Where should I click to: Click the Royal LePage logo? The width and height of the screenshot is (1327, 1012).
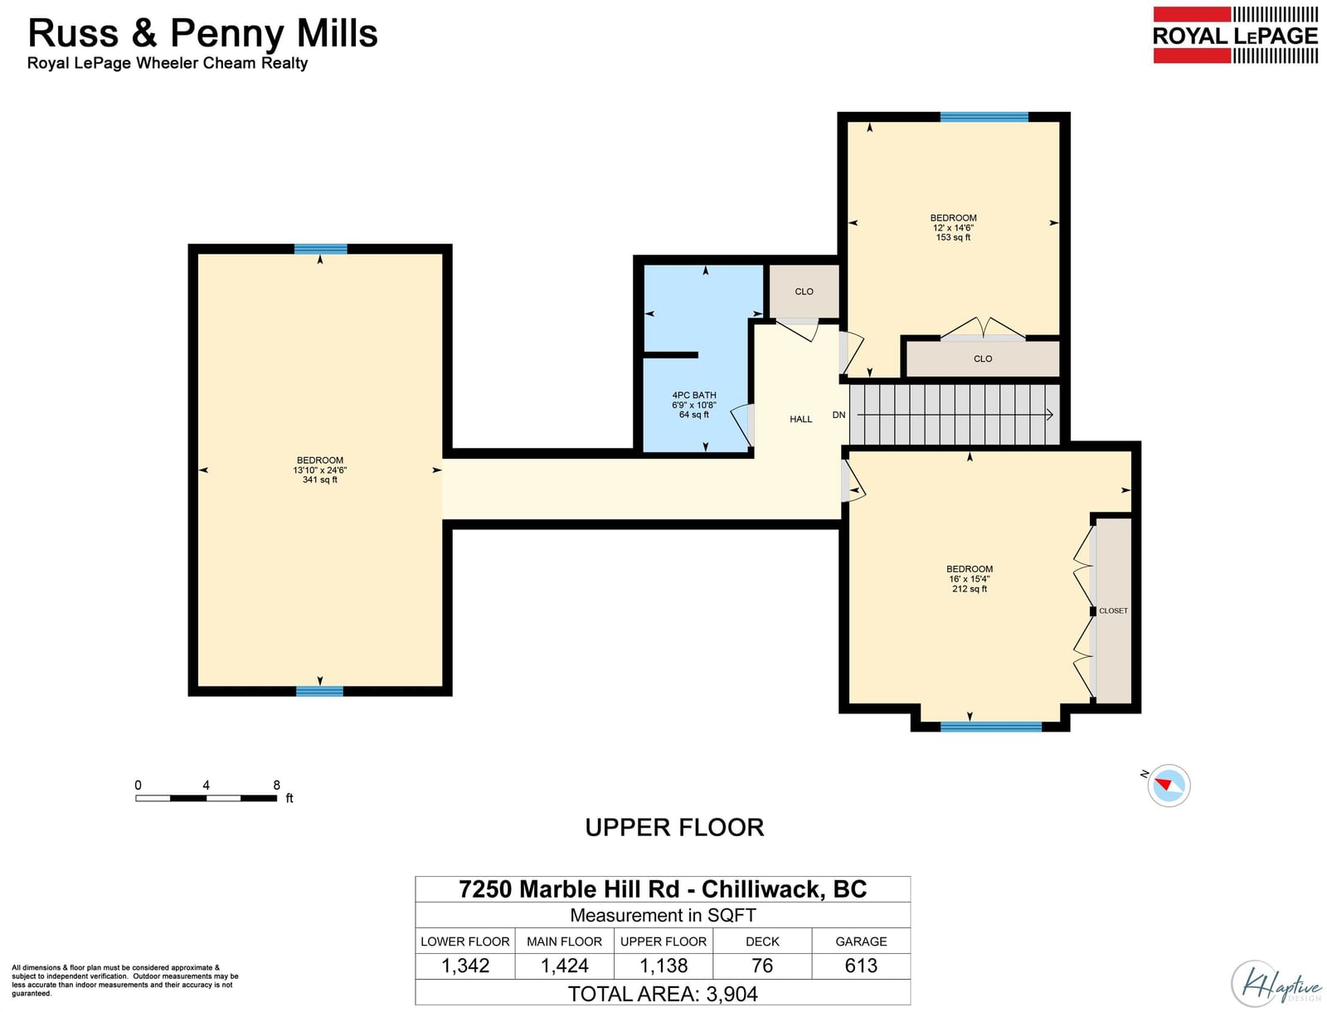1234,35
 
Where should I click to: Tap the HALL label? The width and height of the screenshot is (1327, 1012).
800,419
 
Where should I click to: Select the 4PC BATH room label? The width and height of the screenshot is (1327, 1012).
693,405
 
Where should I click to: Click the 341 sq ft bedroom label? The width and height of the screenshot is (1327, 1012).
320,470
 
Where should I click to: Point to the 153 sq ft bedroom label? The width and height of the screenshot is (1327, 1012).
953,227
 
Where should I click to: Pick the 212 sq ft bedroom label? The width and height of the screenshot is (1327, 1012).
969,578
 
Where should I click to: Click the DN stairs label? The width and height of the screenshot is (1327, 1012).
838,415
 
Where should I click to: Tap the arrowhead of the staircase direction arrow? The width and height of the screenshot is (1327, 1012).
1049,415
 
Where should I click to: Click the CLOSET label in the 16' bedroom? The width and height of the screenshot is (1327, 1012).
1113,611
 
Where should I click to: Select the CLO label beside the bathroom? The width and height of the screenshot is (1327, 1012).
804,291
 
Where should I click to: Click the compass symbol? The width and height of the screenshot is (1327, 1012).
1168,786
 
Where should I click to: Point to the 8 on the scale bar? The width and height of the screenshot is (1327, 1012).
276,785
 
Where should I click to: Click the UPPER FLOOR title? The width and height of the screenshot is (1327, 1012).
674,828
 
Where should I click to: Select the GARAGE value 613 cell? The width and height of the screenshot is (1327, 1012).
860,966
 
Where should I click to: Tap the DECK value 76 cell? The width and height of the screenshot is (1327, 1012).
761,966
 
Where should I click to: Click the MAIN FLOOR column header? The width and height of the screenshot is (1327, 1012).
564,941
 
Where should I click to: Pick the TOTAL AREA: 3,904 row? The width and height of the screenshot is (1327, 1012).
663,993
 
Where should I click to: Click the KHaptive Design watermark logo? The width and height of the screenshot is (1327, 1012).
1275,984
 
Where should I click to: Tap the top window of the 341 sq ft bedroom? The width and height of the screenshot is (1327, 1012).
320,249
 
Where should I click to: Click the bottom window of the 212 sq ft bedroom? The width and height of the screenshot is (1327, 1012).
990,727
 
